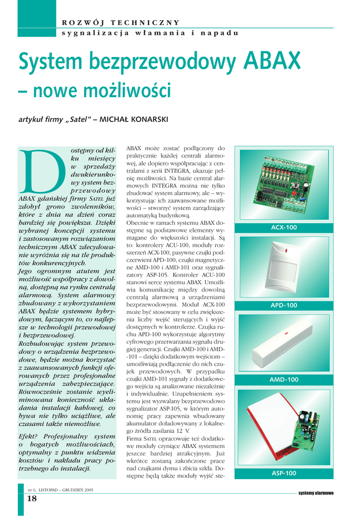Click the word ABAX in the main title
[x=273, y=61]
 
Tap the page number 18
[x=32, y=499]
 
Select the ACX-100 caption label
[x=284, y=228]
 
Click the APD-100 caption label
[x=284, y=305]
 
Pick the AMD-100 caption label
[x=284, y=379]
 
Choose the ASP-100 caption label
[x=284, y=473]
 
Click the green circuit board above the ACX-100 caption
[x=283, y=186]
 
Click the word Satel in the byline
[x=78, y=119]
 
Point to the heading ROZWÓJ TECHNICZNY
[x=121, y=22]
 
